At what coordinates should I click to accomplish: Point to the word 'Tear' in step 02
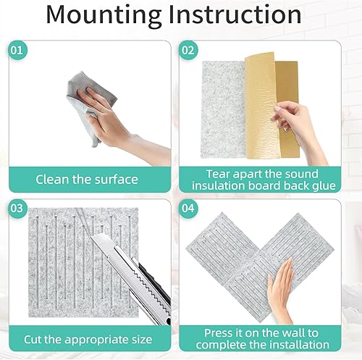point(219,173)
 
